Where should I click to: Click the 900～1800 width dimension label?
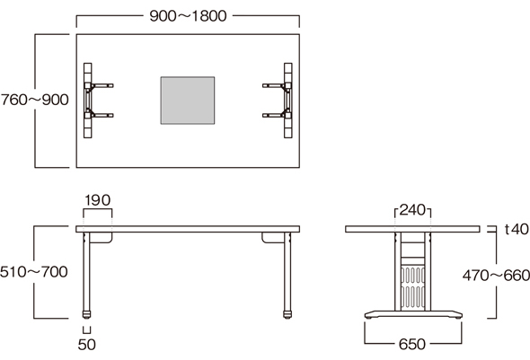click(x=188, y=16)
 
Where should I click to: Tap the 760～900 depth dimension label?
click(x=34, y=100)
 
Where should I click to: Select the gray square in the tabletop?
click(x=188, y=101)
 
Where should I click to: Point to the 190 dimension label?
click(x=97, y=200)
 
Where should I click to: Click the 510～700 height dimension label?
click(x=34, y=272)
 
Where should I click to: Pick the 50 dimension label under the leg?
click(x=87, y=345)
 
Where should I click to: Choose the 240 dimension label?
click(x=412, y=210)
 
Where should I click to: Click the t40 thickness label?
click(x=517, y=229)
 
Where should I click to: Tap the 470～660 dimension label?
click(x=496, y=276)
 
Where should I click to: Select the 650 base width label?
click(x=412, y=344)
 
